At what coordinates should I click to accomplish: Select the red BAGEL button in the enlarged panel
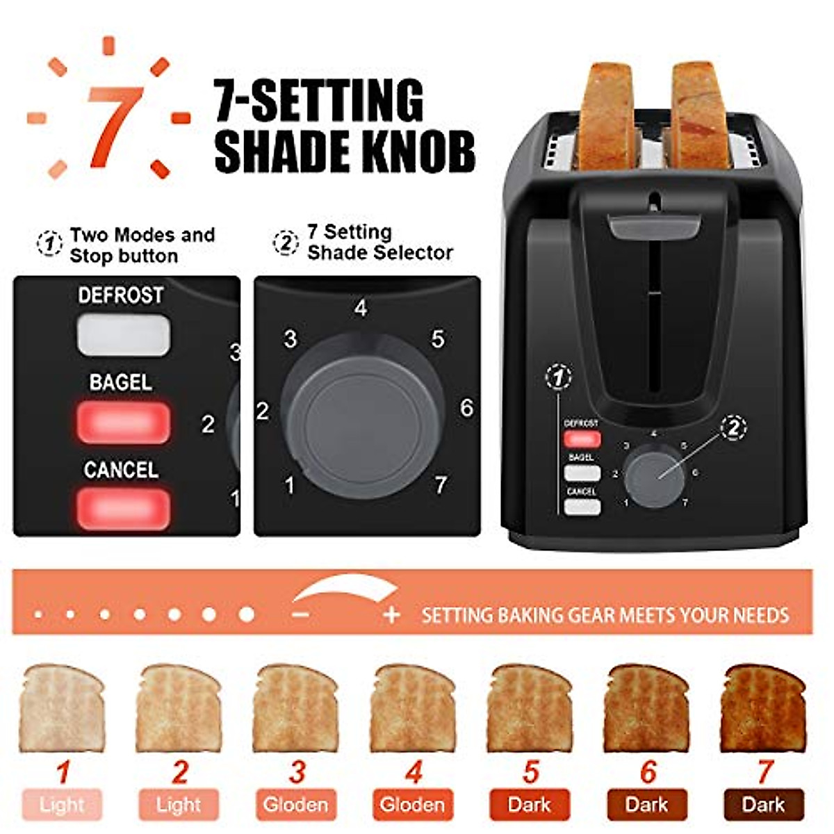pyautogui.click(x=124, y=421)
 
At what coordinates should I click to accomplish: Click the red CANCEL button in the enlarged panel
pyautogui.click(x=124, y=508)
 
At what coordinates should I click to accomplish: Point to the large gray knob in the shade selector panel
pyautogui.click(x=363, y=416)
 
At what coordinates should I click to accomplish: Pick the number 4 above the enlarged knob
pyautogui.click(x=360, y=307)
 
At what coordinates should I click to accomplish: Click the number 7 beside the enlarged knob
pyautogui.click(x=441, y=484)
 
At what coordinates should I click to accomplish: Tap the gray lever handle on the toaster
pyautogui.click(x=654, y=226)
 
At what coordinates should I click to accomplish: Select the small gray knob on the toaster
pyautogui.click(x=653, y=476)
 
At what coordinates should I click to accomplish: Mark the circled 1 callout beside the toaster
pyautogui.click(x=559, y=377)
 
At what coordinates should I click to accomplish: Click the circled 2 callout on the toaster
pyautogui.click(x=734, y=427)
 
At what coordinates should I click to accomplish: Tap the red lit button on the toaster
pyautogui.click(x=582, y=439)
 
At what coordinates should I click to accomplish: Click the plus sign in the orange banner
pyautogui.click(x=392, y=615)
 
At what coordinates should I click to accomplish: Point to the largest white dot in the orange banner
pyautogui.click(x=247, y=614)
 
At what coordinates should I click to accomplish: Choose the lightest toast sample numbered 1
pyautogui.click(x=63, y=709)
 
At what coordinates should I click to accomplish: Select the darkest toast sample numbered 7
pyautogui.click(x=764, y=709)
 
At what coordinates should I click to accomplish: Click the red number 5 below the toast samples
pyautogui.click(x=531, y=772)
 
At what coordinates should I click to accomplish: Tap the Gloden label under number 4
pyautogui.click(x=413, y=805)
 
